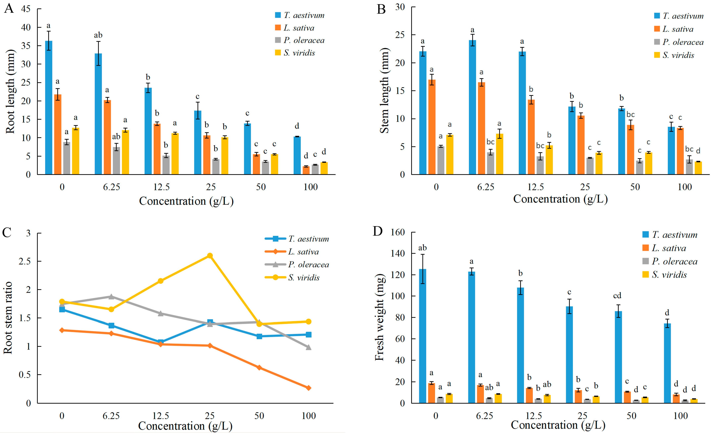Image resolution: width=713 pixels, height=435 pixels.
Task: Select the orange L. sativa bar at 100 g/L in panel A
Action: click(x=306, y=170)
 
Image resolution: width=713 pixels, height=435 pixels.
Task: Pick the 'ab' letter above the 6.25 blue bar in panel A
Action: click(x=98, y=35)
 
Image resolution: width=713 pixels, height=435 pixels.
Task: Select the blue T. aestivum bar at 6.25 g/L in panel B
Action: click(x=472, y=107)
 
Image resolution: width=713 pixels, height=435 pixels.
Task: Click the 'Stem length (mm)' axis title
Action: click(x=384, y=90)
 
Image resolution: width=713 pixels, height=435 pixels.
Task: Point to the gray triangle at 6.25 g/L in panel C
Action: click(x=111, y=297)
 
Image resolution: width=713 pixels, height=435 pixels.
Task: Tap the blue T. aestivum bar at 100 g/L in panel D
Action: click(x=667, y=363)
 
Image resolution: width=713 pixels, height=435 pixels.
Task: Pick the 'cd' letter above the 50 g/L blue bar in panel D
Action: click(x=617, y=295)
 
